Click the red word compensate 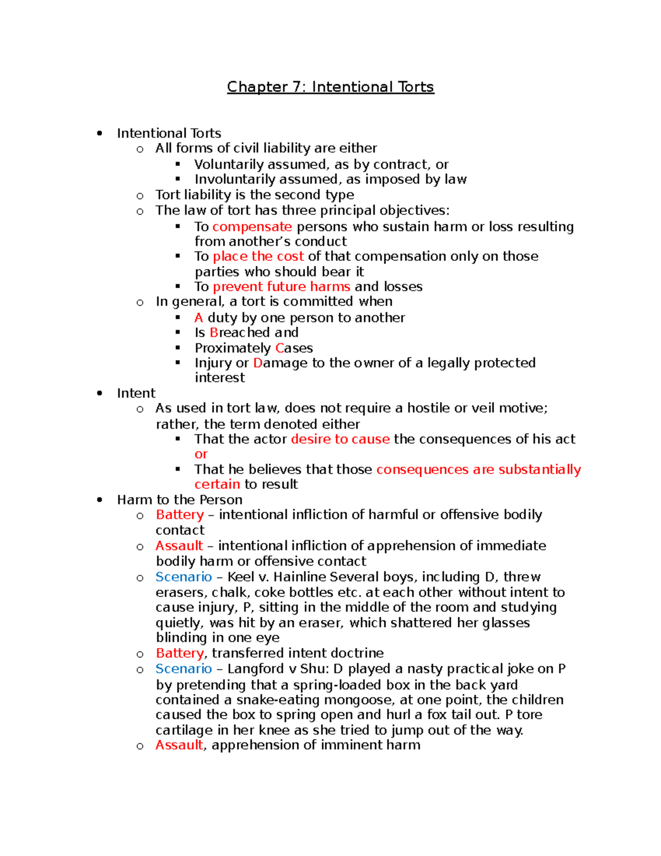pos(252,227)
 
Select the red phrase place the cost pos(258,256)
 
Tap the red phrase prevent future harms pos(281,287)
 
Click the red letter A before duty pos(199,317)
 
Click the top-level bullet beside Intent pos(100,393)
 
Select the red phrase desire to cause pos(340,439)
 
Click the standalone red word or pos(201,454)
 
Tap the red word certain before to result pos(217,484)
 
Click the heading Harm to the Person pos(180,500)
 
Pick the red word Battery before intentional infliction pos(180,515)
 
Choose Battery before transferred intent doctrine pos(180,653)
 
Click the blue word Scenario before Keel pos(183,577)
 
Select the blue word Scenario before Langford pos(183,669)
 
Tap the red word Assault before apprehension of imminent pos(179,745)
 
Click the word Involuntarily pos(235,179)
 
